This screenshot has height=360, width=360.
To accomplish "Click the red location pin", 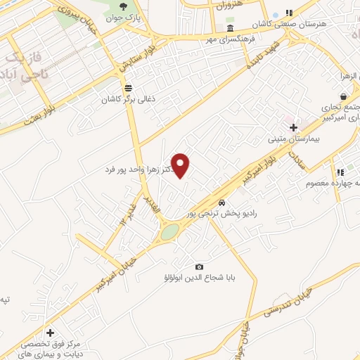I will pyautogui.click(x=181, y=165).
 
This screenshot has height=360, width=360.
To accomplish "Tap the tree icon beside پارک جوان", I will pyautogui.click(x=124, y=6).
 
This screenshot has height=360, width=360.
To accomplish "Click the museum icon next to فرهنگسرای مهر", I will pyautogui.click(x=231, y=28).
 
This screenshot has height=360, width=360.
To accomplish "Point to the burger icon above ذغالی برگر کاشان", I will pyautogui.click(x=128, y=88).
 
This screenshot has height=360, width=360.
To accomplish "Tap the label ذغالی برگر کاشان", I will pyautogui.click(x=128, y=99).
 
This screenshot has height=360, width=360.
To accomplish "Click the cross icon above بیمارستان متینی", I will pyautogui.click(x=293, y=127).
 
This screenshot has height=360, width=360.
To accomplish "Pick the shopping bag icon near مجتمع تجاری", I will pyautogui.click(x=342, y=96).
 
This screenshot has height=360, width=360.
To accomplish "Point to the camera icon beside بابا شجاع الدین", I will pyautogui.click(x=199, y=266).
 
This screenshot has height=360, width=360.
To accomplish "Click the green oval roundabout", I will pyautogui.click(x=169, y=232).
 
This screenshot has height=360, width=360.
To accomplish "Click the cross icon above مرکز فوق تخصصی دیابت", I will pyautogui.click(x=50, y=332).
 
